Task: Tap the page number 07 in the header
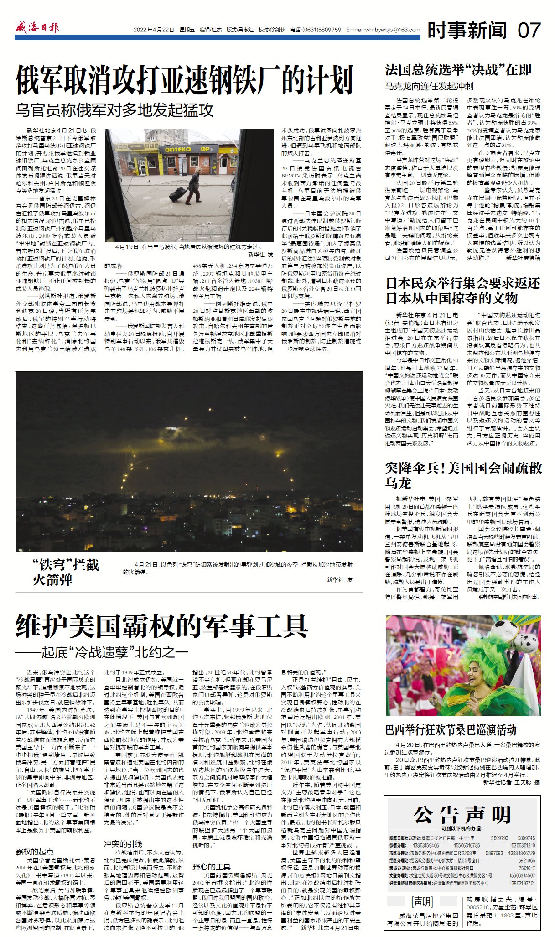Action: click(529, 30)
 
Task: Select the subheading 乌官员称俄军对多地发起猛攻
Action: click(114, 110)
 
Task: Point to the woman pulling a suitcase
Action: click(193, 185)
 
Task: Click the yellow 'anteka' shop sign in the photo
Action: click(178, 149)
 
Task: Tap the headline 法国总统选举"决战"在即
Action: click(458, 70)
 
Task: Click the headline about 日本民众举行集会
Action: click(462, 291)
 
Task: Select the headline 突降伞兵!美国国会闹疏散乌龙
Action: click(463, 475)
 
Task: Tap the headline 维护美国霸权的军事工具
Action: click(161, 626)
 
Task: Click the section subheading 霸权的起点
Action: click(35, 851)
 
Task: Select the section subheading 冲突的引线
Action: click(123, 843)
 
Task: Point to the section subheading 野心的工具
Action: click(211, 867)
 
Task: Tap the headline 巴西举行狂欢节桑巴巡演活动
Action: click(451, 730)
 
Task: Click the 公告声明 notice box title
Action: click(462, 814)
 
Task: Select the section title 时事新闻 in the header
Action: click(467, 30)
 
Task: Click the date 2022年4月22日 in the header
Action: click(154, 30)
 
